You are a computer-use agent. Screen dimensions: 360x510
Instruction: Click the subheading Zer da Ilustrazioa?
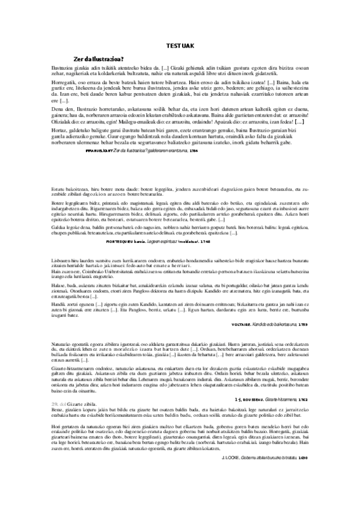(x=99, y=58)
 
